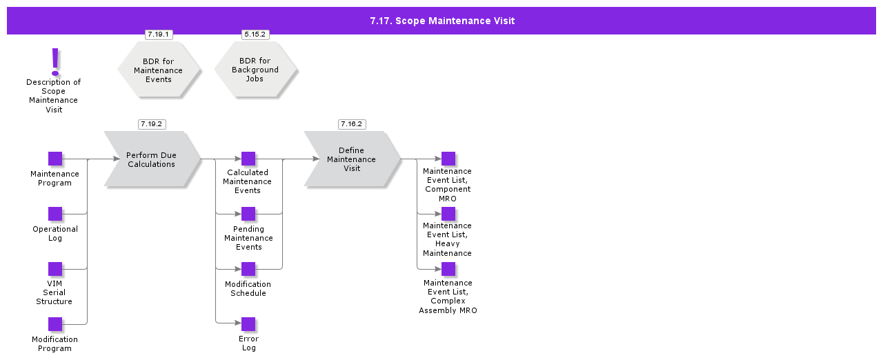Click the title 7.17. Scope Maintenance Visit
[x=441, y=21]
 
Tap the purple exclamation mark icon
[x=55, y=61]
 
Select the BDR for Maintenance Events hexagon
[x=159, y=70]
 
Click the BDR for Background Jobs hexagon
[x=255, y=70]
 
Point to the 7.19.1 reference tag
[x=159, y=34]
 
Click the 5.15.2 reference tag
[x=255, y=34]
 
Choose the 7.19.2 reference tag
[x=152, y=124]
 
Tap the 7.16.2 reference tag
[x=352, y=124]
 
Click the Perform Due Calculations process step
[x=152, y=159]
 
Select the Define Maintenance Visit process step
[x=352, y=159]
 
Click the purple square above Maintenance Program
[x=55, y=159]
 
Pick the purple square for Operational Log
[x=55, y=214]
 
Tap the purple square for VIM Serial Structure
[x=55, y=269]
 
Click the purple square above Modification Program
[x=55, y=324]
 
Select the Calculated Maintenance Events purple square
[x=248, y=159]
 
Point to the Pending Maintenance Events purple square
[x=248, y=214]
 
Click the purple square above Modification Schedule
[x=248, y=269]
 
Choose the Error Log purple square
[x=248, y=324]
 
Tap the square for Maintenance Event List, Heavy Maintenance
[x=448, y=214]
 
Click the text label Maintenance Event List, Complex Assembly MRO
[x=448, y=297]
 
